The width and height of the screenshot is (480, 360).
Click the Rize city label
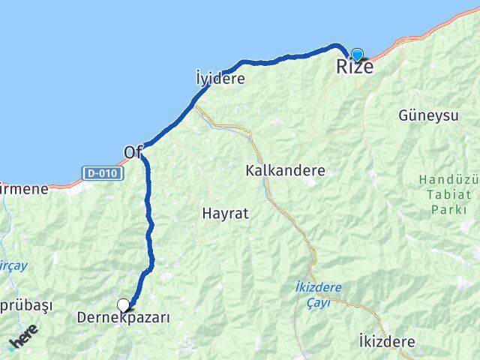pos(354,67)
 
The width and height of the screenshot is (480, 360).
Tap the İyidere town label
pos(220,77)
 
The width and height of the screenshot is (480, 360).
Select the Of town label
pos(133,151)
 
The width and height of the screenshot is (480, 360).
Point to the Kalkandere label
pos(285,170)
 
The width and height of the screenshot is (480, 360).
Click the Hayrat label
pos(225,213)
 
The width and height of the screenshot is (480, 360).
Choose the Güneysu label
pos(428,115)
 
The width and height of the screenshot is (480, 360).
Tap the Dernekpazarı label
pos(124,318)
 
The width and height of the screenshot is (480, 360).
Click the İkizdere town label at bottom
pos(387,341)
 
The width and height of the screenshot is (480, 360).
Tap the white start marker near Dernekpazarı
pos(123,304)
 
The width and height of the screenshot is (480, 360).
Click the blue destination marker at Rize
pos(357,53)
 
